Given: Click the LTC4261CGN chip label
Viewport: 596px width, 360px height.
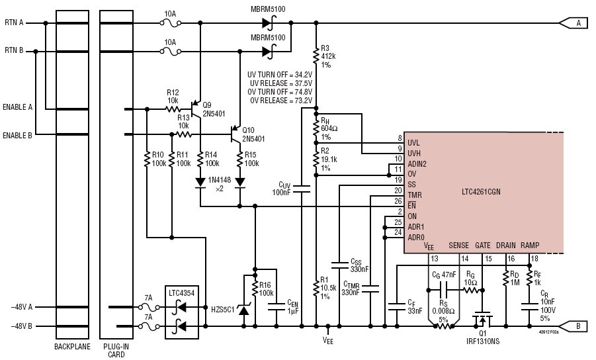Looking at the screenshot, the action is (481, 192).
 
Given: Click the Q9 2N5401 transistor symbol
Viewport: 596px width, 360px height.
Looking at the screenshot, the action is (196, 109).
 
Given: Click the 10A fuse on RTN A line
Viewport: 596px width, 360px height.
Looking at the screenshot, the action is (170, 23).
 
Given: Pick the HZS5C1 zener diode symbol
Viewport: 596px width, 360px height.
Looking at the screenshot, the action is (243, 310).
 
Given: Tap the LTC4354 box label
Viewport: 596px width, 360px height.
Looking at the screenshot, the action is (182, 293).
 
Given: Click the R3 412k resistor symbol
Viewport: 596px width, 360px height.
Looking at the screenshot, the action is (316, 56).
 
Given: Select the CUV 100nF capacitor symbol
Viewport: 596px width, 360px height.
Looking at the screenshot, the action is (302, 189).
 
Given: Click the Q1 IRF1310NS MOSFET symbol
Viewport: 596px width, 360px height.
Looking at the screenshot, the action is (482, 320).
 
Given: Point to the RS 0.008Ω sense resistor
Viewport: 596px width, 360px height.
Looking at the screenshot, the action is (443, 326).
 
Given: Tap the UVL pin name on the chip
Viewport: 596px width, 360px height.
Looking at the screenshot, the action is (413, 143).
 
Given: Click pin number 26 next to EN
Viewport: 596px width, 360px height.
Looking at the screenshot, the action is (398, 201).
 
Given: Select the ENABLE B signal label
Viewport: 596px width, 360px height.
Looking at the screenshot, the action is (17, 136).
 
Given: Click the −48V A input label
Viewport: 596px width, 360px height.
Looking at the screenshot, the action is (21, 307).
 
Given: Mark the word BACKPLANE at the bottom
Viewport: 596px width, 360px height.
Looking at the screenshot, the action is (72, 347).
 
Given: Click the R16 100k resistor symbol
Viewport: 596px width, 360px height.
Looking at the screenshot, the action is (255, 291).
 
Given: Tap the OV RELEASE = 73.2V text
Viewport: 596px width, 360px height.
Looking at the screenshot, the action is (281, 101).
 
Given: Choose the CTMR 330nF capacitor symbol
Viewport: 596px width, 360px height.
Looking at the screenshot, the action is (370, 289).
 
